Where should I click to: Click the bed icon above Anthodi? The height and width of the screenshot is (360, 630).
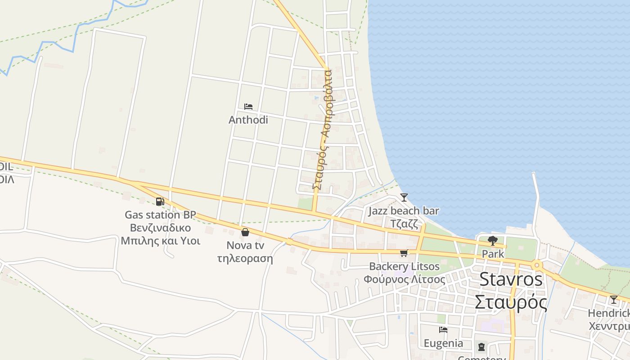click(248, 107)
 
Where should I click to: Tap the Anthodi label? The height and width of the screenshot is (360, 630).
click(248, 120)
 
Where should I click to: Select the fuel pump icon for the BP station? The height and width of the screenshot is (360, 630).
click(160, 201)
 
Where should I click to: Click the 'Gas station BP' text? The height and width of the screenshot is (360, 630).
click(160, 215)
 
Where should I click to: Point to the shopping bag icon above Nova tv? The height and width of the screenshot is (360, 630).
click(245, 232)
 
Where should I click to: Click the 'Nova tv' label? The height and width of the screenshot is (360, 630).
click(245, 245)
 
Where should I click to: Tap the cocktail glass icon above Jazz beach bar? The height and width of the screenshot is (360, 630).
click(404, 198)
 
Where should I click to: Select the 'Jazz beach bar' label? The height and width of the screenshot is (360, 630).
click(404, 211)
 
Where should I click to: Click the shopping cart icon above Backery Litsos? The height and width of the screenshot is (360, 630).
click(404, 253)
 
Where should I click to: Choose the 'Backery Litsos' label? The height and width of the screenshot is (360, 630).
click(404, 266)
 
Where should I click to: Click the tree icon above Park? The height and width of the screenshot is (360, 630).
click(493, 241)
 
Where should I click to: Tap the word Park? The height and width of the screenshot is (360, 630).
click(493, 254)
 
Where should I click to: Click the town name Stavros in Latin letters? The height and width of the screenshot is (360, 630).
click(511, 279)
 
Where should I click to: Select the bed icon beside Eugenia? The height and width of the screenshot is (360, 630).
click(443, 330)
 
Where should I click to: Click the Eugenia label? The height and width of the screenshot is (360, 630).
click(443, 343)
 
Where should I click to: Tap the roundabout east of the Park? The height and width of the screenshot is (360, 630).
click(536, 265)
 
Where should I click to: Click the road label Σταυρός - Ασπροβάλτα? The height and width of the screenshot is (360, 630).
click(323, 130)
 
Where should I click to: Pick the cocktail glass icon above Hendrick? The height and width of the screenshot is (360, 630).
click(613, 300)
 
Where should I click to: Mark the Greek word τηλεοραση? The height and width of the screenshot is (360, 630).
click(245, 258)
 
